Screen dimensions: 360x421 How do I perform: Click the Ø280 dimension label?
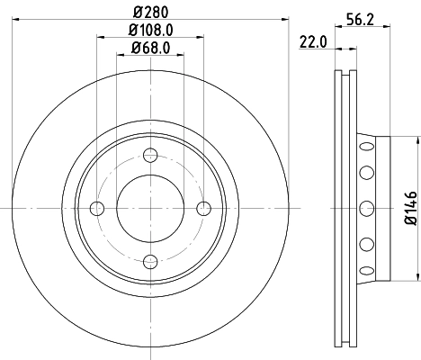pos(151,11)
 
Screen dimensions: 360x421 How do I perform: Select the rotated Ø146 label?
pos(408,209)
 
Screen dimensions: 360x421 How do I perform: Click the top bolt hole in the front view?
pos(151,156)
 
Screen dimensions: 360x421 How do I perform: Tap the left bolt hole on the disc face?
pos(98,209)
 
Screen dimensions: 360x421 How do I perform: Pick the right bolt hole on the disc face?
pos(204,209)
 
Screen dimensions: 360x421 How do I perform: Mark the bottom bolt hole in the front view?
pos(151,262)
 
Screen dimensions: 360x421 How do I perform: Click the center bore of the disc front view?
pos(151,209)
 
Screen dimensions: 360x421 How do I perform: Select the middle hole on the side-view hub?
pos(365,209)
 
